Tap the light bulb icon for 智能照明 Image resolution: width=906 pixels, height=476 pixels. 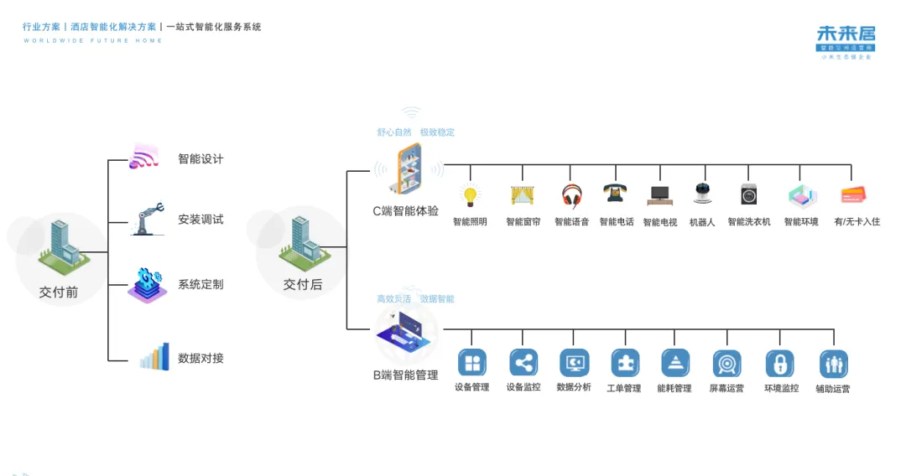(471, 195)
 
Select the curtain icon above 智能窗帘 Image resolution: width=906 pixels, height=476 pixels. (523, 195)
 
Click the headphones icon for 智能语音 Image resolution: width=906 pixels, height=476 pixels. (572, 195)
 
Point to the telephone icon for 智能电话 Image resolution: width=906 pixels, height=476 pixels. (616, 194)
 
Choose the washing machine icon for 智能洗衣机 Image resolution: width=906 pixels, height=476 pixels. (748, 194)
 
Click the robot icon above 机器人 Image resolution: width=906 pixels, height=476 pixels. (702, 194)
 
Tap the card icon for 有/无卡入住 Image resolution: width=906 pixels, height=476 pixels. (852, 195)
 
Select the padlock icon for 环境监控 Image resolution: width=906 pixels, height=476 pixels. (779, 364)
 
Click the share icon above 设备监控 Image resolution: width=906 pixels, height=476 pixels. (523, 363)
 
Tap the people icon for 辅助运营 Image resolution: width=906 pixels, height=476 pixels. (833, 365)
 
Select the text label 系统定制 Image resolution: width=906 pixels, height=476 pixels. (200, 284)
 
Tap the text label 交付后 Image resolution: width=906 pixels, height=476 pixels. (302, 285)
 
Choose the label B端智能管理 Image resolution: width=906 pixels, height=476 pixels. (406, 375)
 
